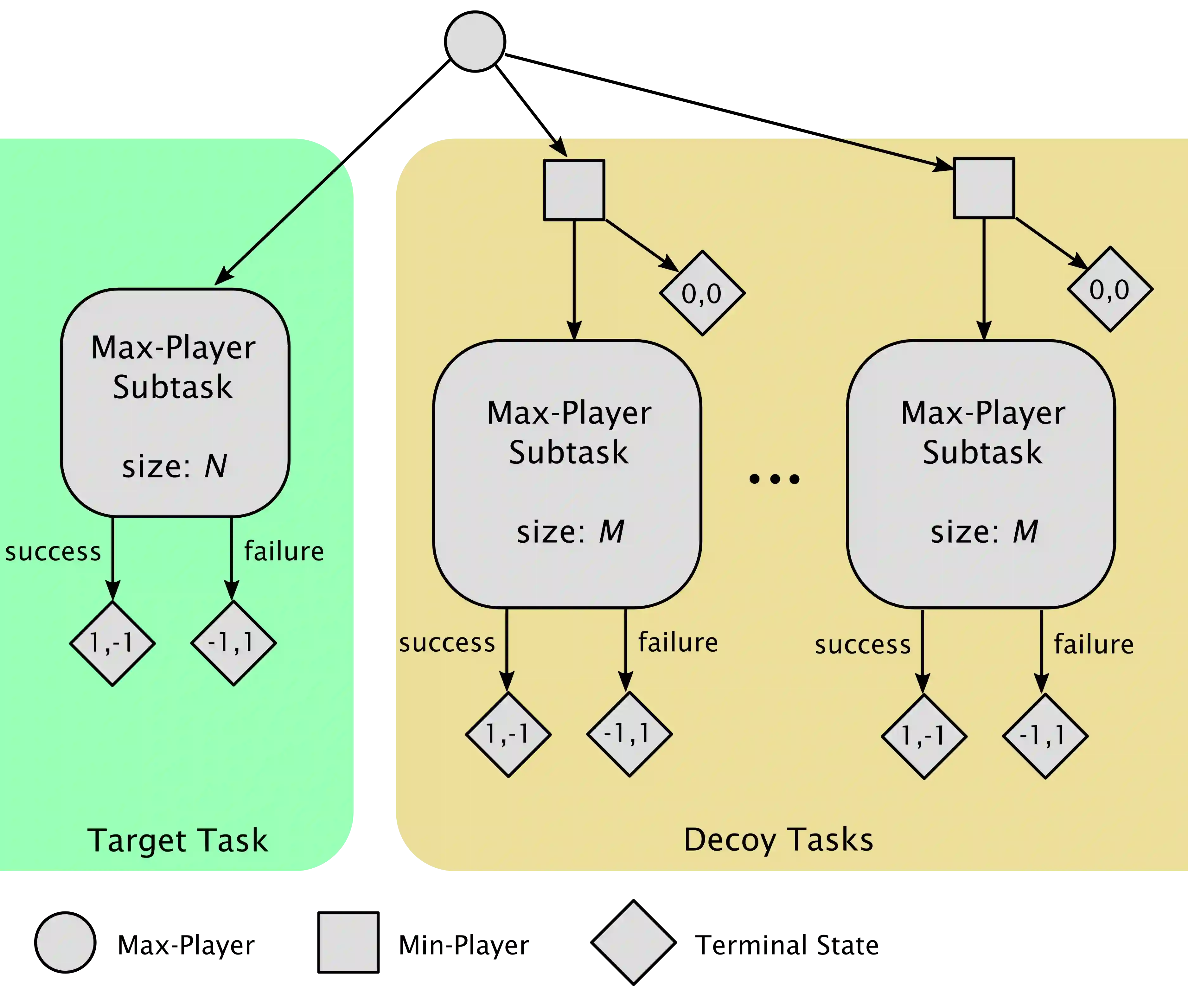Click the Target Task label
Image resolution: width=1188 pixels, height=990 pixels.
point(177,840)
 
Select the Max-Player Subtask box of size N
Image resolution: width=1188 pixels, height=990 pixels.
point(176,403)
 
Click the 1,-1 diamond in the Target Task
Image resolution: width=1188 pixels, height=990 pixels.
point(112,643)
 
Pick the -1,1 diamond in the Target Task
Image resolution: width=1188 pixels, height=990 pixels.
point(233,643)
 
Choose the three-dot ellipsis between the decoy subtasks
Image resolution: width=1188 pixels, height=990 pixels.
point(774,479)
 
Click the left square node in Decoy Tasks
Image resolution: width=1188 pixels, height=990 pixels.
point(574,190)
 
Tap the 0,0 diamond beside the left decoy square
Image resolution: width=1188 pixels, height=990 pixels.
point(702,293)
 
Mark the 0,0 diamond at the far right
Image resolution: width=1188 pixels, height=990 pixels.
point(1110,289)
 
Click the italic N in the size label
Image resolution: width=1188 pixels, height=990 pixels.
point(215,467)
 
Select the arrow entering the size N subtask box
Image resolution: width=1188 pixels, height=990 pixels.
point(280,223)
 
